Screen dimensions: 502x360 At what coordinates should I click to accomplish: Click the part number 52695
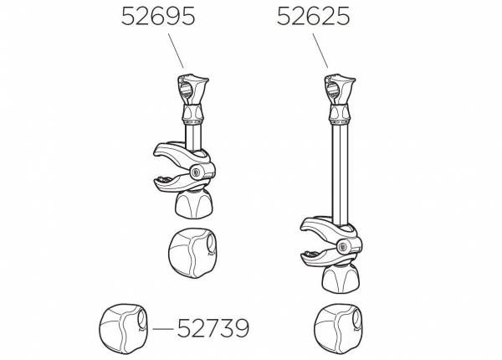(x=158, y=17)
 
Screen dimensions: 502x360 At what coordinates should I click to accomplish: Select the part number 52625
(x=314, y=17)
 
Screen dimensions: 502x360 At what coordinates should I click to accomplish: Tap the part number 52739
(x=213, y=328)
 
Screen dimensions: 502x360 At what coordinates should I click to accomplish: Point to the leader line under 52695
(x=176, y=50)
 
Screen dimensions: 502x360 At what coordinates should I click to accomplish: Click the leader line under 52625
(x=320, y=50)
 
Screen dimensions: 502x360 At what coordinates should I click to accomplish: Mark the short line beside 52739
(x=163, y=329)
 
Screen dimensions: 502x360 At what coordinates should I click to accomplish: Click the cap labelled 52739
(x=123, y=329)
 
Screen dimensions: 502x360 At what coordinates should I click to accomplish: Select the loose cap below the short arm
(x=192, y=253)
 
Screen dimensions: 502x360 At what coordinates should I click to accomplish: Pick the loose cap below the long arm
(x=339, y=329)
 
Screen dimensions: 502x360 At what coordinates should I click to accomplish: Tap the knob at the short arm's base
(x=194, y=204)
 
